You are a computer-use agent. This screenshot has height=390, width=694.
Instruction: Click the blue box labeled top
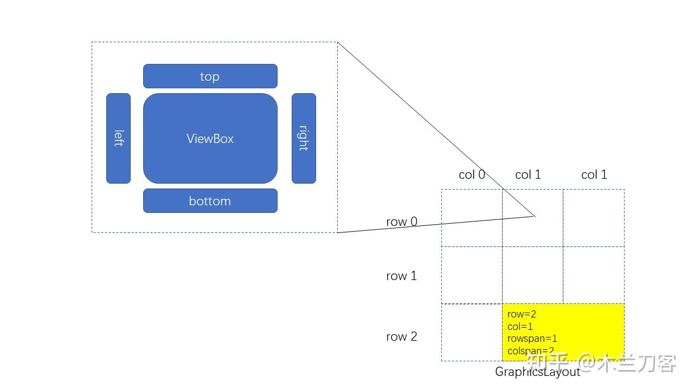tap(210, 76)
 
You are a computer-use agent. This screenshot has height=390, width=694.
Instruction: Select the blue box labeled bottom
tap(210, 200)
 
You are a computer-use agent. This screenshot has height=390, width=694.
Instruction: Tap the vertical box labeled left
tap(118, 138)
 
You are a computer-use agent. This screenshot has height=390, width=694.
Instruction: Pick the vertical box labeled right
tap(304, 138)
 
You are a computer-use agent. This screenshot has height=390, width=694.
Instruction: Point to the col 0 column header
tap(472, 174)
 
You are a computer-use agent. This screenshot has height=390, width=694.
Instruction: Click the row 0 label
tap(402, 222)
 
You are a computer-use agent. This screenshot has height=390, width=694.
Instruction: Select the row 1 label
tap(402, 276)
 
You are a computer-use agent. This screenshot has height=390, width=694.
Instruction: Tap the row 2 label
tap(402, 336)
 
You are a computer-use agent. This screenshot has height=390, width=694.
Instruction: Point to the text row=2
tap(522, 314)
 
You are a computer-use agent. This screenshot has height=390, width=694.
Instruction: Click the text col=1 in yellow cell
tap(520, 327)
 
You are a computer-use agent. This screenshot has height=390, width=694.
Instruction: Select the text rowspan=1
tap(532, 339)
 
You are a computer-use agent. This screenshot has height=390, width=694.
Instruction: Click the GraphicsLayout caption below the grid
tap(537, 372)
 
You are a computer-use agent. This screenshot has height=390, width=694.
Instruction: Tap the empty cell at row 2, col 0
tap(472, 332)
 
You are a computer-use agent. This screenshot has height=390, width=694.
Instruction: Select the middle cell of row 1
tap(532, 275)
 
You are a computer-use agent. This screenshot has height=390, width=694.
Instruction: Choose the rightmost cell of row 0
tap(594, 218)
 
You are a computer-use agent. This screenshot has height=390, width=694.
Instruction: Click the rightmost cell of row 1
tap(594, 275)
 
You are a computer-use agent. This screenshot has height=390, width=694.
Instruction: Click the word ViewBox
tap(210, 139)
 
